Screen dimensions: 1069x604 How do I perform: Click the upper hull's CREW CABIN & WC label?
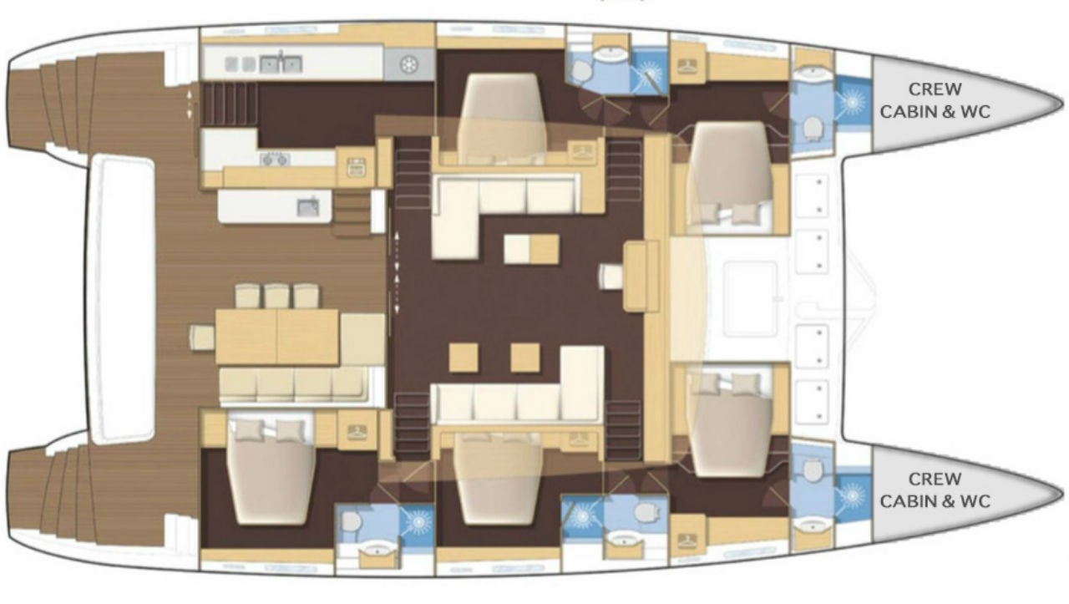[935, 100]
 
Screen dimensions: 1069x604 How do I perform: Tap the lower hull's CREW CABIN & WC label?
[935, 490]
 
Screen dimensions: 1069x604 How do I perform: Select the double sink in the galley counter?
[281, 64]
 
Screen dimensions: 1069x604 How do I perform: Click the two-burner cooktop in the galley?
[275, 159]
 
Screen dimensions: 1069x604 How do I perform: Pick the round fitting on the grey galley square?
[409, 64]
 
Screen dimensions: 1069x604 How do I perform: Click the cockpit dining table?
[277, 337]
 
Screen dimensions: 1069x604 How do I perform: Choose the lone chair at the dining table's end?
[202, 338]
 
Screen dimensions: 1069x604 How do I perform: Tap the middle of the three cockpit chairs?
[276, 296]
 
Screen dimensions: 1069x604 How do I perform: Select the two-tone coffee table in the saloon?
[531, 248]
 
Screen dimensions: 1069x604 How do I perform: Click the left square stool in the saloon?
[464, 358]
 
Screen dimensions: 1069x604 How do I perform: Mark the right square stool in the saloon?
[525, 358]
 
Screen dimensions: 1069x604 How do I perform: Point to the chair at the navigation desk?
[611, 277]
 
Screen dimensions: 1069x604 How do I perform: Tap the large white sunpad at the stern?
[122, 298]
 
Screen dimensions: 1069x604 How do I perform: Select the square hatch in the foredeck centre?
[749, 299]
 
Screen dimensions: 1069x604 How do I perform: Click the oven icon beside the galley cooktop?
[356, 168]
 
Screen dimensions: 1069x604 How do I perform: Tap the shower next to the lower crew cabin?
[853, 495]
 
